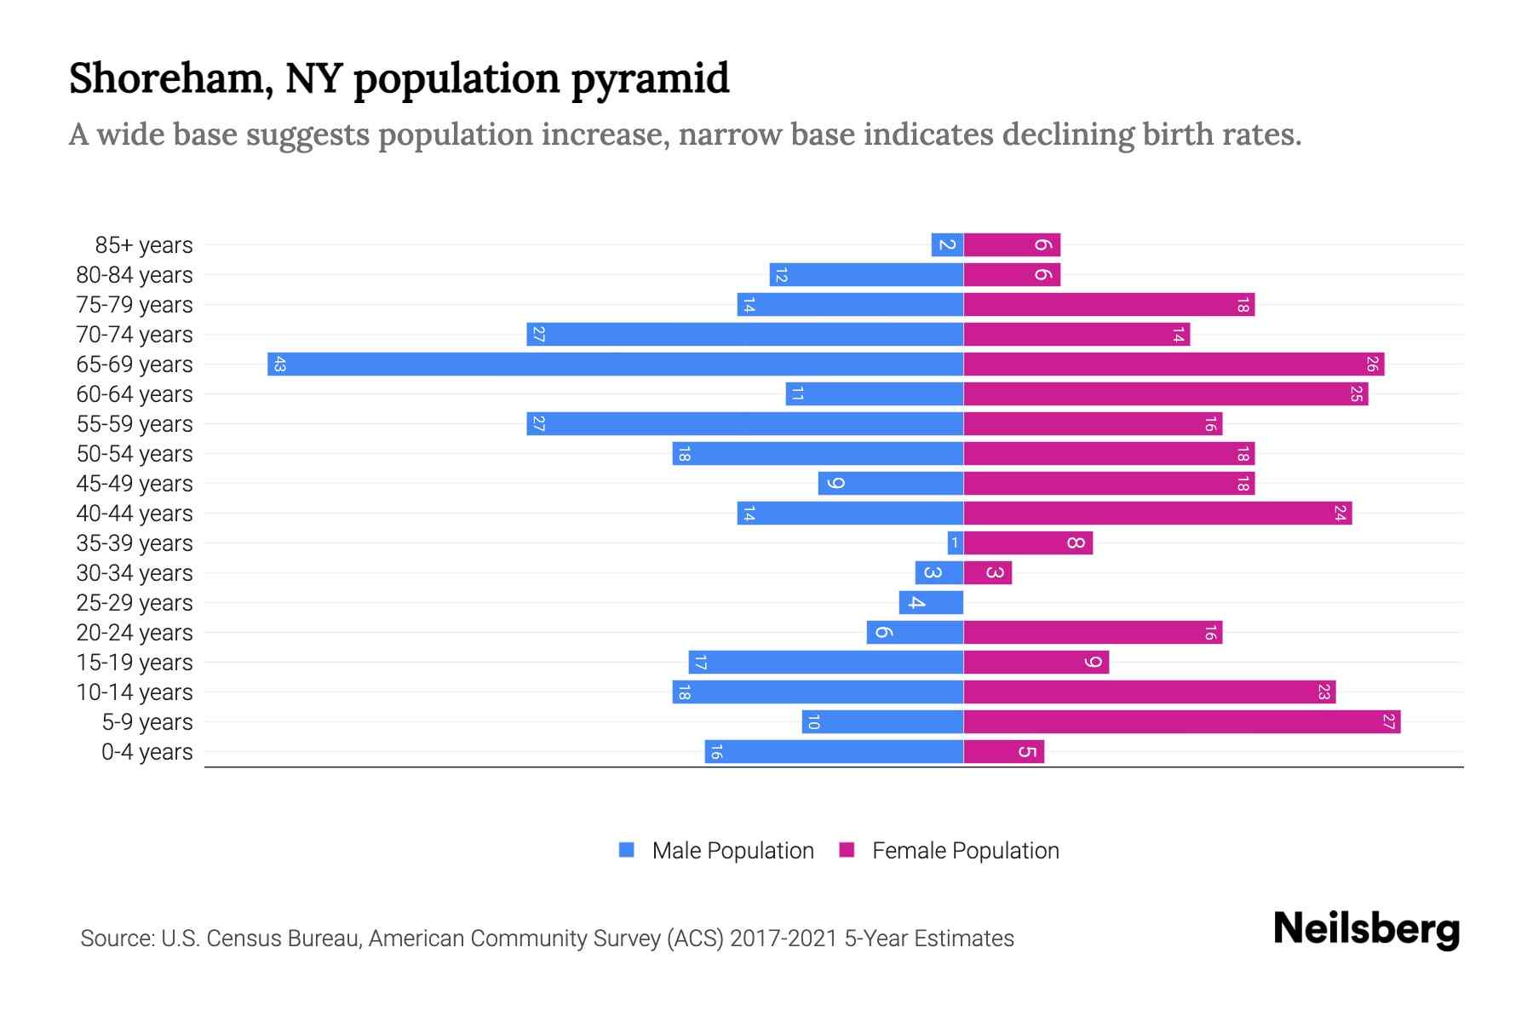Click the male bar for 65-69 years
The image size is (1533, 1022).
[615, 365]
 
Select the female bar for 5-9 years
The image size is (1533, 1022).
[1182, 722]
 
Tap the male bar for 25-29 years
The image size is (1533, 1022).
[931, 603]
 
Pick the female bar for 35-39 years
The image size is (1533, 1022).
[1028, 543]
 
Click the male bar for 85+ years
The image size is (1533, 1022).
[947, 245]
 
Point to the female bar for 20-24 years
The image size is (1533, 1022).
[1093, 633]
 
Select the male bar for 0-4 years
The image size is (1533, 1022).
[834, 752]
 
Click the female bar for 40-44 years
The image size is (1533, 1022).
[1157, 514]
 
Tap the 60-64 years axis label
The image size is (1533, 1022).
[135, 394]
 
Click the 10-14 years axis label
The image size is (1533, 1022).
[135, 692]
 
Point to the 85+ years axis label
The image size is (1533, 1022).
[144, 245]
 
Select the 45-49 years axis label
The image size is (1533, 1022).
[135, 484]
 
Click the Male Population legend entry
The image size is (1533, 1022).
[716, 851]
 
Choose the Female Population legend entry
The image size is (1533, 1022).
[950, 851]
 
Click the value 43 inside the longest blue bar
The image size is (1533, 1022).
[279, 365]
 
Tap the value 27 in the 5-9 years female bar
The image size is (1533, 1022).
[1388, 722]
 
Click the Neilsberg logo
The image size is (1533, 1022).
[1366, 929]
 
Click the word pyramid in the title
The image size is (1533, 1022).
[650, 79]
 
